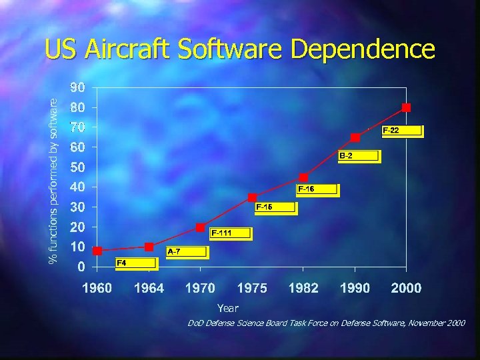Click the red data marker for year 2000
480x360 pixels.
[406, 107]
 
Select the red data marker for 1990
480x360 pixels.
[355, 137]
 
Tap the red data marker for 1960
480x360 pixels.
[97, 251]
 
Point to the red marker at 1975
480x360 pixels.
[252, 197]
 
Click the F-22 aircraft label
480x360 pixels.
[401, 131]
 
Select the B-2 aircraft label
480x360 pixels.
[358, 156]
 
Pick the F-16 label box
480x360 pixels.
[317, 190]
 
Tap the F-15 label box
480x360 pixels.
[275, 207]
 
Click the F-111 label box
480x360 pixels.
[231, 233]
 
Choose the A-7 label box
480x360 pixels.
[187, 252]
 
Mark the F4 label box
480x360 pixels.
[136, 263]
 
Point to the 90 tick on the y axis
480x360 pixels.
[79, 87]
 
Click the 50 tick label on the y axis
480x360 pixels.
[79, 167]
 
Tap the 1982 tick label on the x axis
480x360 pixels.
[303, 288]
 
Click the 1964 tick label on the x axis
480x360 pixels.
[149, 288]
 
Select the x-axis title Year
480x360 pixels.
[227, 308]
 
